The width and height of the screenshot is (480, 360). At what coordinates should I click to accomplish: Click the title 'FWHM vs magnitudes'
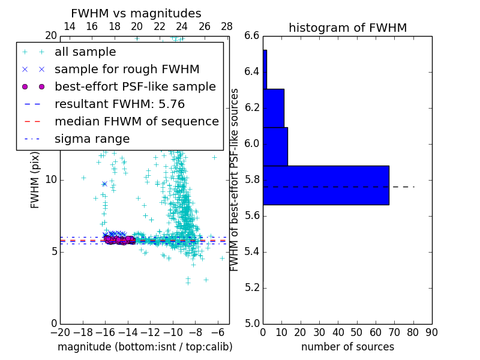136,13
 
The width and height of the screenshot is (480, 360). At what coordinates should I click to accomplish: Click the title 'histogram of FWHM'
347,28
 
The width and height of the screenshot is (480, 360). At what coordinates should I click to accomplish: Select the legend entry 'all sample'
85,52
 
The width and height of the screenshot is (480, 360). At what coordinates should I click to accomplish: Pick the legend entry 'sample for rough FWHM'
127,70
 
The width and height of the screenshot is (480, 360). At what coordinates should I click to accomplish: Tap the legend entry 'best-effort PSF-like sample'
135,87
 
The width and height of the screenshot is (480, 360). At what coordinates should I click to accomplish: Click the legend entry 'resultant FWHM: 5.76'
119,104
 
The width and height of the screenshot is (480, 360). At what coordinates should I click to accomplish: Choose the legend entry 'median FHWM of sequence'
136,122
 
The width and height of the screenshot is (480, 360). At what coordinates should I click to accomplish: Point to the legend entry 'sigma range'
92,139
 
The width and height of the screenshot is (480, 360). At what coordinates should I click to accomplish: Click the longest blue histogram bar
326,185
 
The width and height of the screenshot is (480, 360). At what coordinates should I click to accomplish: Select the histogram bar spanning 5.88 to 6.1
275,146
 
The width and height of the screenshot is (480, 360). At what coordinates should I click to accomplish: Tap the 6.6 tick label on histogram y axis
251,36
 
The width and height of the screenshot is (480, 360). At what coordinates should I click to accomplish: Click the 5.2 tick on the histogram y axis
251,287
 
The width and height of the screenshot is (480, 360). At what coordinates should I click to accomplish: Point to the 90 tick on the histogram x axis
431,332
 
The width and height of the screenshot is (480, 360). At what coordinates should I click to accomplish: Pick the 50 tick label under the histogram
356,332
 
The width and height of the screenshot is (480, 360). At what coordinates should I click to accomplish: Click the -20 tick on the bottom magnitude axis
60,332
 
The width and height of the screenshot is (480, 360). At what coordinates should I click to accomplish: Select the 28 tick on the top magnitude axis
227,26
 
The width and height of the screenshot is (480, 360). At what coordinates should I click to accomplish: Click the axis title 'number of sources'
347,347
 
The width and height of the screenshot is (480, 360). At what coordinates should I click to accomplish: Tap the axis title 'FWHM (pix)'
35,179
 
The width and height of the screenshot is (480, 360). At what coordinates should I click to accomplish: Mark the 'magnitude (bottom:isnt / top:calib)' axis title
145,347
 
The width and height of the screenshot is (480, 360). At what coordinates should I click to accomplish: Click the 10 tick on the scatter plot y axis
50,179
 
